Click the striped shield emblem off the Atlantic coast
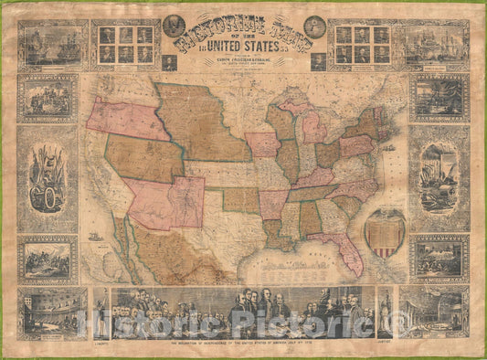coord(384,232)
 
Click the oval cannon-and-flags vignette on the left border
coord(46,178)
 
